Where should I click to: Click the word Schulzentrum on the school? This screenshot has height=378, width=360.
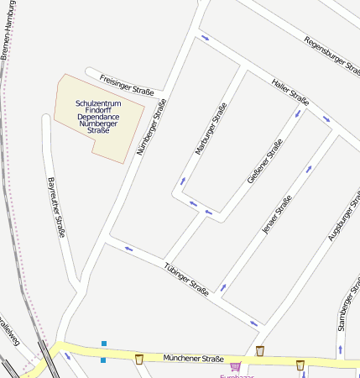[x=99, y=103]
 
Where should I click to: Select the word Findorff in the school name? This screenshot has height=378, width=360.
[x=99, y=110]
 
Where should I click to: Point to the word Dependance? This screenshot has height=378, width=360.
[x=99, y=117]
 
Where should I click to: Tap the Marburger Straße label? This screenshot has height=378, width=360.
[x=211, y=129]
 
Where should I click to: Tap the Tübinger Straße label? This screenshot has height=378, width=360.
[x=187, y=273]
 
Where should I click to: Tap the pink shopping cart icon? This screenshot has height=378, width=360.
[x=235, y=366]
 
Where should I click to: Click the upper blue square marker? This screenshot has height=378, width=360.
[x=104, y=344]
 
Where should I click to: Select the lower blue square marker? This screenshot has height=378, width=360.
[x=103, y=360]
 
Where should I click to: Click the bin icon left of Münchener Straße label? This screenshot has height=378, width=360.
[x=139, y=359]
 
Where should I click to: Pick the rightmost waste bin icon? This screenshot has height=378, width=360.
[x=300, y=365]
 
